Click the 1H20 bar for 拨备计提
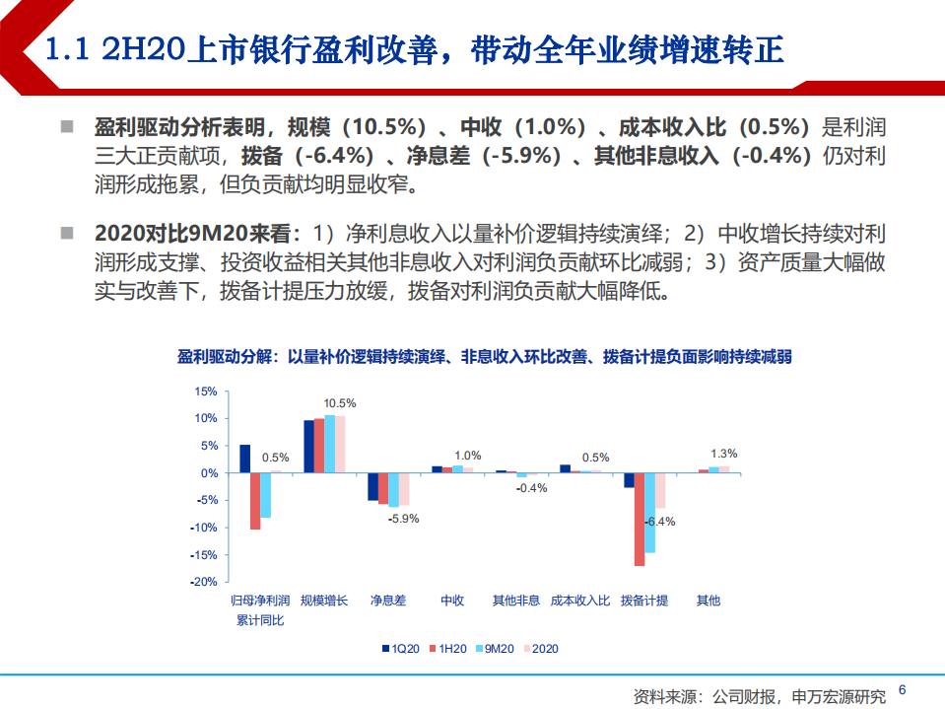[x=640, y=520]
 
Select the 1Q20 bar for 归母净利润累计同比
[x=244, y=459]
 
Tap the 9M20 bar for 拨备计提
[x=650, y=513]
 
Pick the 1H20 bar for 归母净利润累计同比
[x=255, y=501]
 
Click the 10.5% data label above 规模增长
[x=340, y=403]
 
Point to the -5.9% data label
[x=404, y=518]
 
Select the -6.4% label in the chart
[x=658, y=521]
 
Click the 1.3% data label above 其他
[x=723, y=454]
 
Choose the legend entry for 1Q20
[x=401, y=648]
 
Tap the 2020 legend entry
[x=541, y=648]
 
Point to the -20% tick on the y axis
[x=204, y=582]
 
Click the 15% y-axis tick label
[x=206, y=391]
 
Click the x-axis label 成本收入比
[x=580, y=600]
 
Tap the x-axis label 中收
[x=452, y=600]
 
